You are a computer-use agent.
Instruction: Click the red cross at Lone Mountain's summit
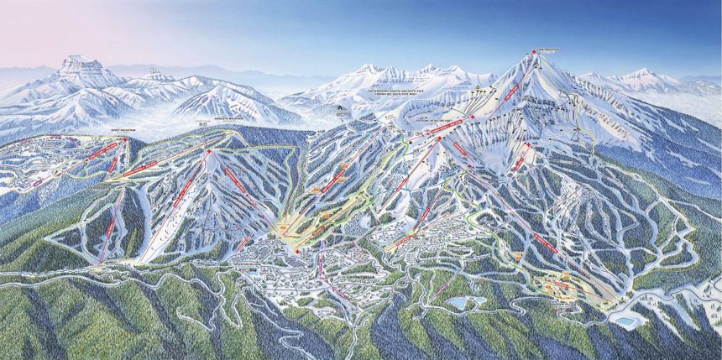point(531,52)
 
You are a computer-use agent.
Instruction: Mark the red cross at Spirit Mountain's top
point(126,139)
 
